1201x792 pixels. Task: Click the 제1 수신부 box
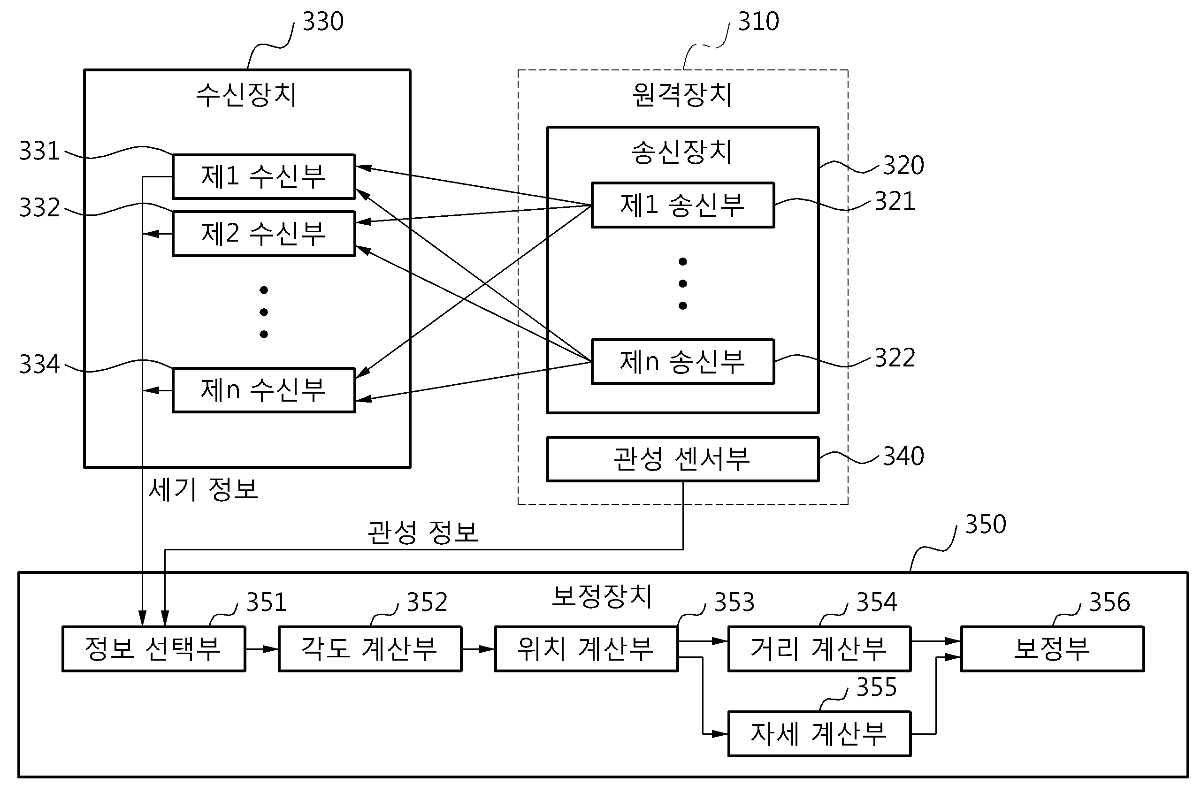point(264,176)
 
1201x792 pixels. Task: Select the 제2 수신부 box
point(264,233)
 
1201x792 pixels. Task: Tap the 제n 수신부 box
point(264,390)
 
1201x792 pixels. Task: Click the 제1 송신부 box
point(682,205)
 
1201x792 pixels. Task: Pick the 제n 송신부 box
point(682,362)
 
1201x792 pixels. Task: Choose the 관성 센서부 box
point(682,458)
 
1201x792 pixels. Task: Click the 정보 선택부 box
point(153,649)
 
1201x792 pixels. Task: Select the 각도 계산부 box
point(370,649)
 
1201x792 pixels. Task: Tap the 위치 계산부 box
point(586,649)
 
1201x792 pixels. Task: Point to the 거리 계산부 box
point(819,649)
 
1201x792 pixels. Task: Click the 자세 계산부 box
point(819,734)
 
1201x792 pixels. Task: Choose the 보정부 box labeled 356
point(1052,649)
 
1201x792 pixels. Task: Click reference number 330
point(323,22)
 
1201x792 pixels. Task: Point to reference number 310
point(758,22)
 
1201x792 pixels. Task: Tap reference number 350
point(985,524)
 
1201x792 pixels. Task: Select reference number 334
point(39,364)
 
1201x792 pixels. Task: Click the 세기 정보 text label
point(203,489)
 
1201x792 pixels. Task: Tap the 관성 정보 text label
point(422,533)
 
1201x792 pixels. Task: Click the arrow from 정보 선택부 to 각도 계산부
point(262,649)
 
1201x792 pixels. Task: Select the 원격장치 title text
point(682,94)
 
